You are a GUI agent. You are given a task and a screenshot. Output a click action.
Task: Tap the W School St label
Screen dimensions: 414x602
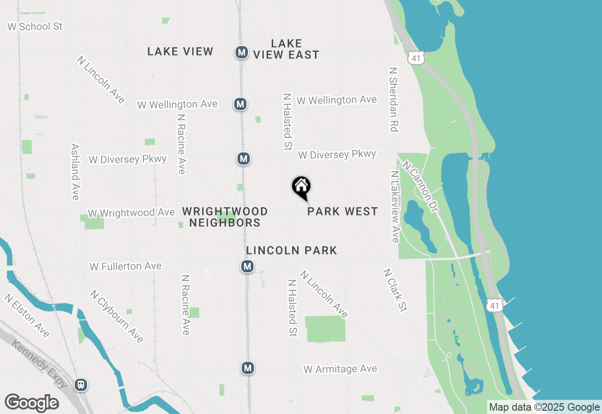[x=35, y=26]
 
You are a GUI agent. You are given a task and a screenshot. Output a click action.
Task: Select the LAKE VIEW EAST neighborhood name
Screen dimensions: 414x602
[x=286, y=49]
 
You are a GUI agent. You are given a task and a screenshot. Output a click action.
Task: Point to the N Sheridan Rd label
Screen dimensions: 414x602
[x=394, y=99]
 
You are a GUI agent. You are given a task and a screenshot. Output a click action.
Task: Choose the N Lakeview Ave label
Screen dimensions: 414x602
[x=395, y=207]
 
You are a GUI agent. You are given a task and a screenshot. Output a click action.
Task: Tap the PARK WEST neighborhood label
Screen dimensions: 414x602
[x=342, y=212]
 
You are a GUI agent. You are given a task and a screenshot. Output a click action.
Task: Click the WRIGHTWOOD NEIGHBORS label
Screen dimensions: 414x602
[x=225, y=217]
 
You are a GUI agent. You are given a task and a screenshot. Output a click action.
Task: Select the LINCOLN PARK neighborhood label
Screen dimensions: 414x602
[x=292, y=250]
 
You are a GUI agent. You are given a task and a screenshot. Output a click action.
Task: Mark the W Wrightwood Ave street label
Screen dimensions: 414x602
[x=131, y=213]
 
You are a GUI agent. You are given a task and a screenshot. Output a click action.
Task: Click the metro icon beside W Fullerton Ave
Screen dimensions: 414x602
[x=247, y=267]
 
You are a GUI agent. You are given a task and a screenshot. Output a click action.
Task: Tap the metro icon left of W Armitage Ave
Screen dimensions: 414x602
[x=248, y=368]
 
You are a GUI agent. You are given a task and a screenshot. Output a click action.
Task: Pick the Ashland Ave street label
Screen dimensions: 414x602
[x=75, y=172]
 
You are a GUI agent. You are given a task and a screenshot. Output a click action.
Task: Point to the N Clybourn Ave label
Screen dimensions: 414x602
[x=117, y=316]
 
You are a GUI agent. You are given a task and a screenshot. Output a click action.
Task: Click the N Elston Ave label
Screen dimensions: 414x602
[x=27, y=316]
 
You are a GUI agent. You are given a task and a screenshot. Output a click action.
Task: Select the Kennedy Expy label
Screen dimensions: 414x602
[x=39, y=364]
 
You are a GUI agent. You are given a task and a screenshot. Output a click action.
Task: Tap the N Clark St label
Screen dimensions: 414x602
[x=395, y=290]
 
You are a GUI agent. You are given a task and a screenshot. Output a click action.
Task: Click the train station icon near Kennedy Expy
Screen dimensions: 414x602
[x=81, y=385]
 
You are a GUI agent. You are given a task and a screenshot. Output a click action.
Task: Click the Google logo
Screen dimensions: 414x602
[x=32, y=403]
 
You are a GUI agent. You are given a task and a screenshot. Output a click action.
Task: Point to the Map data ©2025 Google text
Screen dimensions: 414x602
[x=544, y=407]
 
